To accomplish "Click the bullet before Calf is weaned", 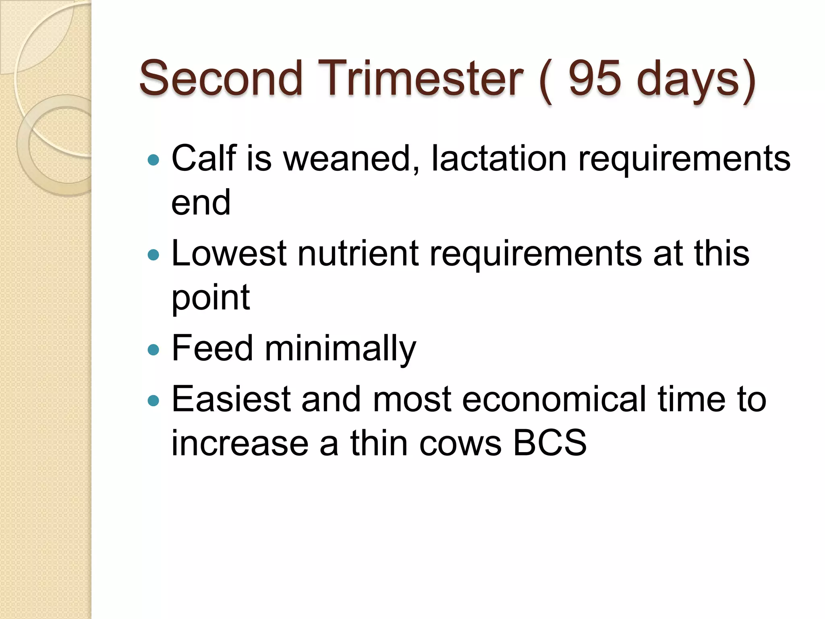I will point(153,160).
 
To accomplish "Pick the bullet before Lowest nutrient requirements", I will point(153,255).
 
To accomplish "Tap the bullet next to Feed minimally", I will point(153,349).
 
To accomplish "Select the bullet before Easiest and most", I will point(153,401).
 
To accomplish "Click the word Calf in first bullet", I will point(203,158).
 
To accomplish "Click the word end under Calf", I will point(201,202).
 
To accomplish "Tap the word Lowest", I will point(229,253).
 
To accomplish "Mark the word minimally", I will point(340,349).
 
